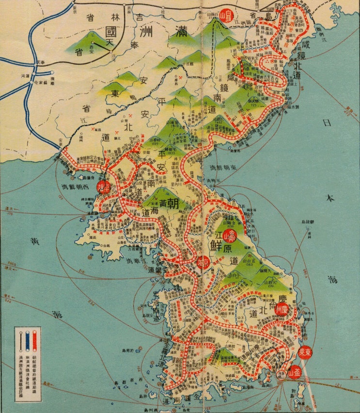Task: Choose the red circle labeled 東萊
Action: [x=305, y=351]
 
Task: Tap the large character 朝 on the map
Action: [x=173, y=203]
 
